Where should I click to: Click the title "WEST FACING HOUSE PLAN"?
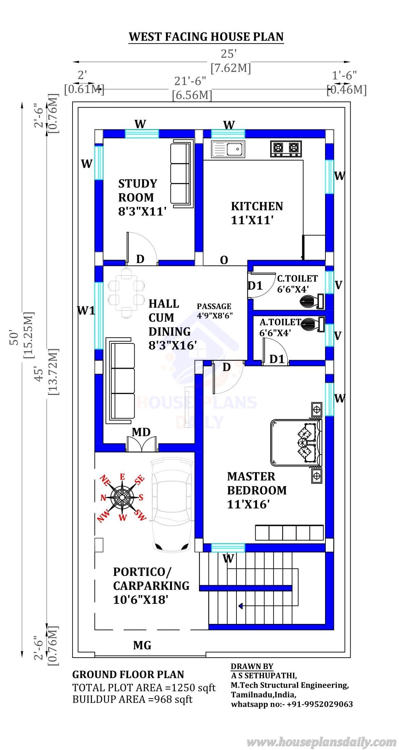click(x=206, y=37)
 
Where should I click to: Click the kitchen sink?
click(x=227, y=149)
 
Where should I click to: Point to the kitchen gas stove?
click(x=286, y=149)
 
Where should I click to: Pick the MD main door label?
click(x=141, y=432)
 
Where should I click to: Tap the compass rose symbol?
click(x=122, y=498)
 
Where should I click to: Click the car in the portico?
click(x=171, y=504)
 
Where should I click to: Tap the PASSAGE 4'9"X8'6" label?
click(x=215, y=311)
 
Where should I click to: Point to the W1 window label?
click(x=86, y=310)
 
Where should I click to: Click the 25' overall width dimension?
click(x=229, y=54)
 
